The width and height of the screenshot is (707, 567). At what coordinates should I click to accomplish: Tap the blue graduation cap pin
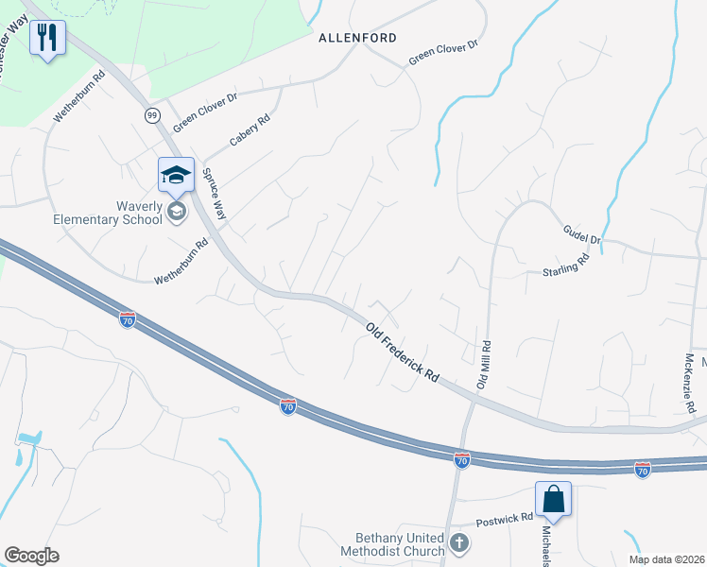pos(176,175)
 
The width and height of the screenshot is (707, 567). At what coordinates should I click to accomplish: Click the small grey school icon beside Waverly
pos(176,212)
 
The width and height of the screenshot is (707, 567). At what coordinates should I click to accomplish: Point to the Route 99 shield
pos(152,114)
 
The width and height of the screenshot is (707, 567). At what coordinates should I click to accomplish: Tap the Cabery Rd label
pos(250,131)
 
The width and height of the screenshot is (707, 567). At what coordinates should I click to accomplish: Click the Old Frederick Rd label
pos(403,350)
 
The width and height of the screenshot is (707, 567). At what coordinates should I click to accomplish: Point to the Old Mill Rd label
pos(483,365)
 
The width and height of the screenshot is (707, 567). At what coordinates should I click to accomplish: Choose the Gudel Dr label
pos(582,234)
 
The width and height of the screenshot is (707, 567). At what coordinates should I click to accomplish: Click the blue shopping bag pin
pos(552,500)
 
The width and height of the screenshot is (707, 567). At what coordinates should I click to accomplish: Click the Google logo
pos(32,556)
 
